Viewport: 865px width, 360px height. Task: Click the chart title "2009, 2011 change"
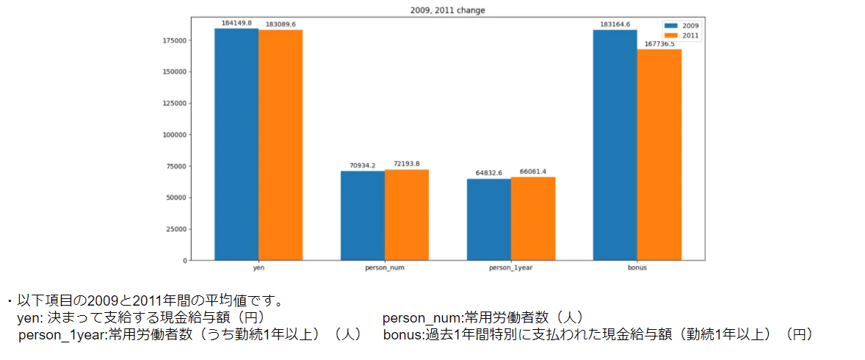click(448, 11)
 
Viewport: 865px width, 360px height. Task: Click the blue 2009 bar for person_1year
click(489, 220)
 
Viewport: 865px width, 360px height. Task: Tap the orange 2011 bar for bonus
click(659, 154)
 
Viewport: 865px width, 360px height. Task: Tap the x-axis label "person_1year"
click(511, 268)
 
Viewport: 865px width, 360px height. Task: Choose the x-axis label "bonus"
click(637, 268)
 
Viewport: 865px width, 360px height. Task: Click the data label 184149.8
click(236, 23)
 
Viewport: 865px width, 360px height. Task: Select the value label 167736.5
click(659, 43)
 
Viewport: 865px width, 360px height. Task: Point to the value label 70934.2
click(363, 165)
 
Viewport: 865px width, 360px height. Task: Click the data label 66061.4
click(533, 171)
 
